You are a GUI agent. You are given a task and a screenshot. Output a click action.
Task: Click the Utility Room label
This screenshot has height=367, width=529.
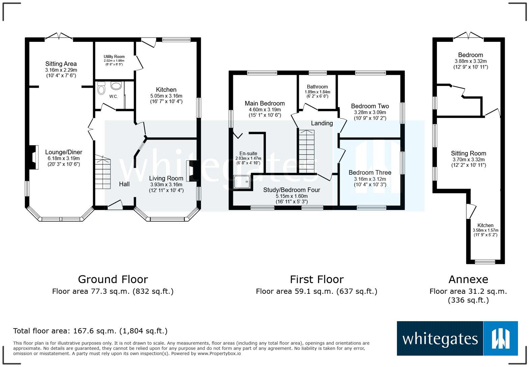tap(114, 57)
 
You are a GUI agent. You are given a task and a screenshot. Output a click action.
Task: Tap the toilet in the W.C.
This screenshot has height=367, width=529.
tap(101, 88)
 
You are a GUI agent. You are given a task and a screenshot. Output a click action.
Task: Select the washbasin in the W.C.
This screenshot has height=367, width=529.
tap(116, 85)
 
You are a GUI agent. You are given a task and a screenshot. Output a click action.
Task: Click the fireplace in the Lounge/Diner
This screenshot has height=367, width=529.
tap(33, 157)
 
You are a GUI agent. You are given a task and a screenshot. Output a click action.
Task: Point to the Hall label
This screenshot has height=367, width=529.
tap(124, 184)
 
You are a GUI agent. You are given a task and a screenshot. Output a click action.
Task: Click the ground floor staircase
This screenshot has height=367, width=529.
tap(103, 172)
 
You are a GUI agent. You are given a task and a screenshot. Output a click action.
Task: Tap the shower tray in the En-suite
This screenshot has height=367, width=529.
tap(242, 182)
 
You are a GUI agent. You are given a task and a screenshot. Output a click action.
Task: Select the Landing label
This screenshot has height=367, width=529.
tap(322, 123)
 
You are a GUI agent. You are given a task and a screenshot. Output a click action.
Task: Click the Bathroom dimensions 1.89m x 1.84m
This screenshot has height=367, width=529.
tap(317, 92)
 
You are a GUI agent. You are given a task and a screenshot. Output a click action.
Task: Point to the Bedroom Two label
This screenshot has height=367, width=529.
tap(370, 106)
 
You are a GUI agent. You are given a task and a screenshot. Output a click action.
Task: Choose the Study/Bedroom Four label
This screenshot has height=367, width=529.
tap(291, 190)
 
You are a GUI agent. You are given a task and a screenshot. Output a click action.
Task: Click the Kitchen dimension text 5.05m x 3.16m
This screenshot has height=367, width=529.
tap(166, 96)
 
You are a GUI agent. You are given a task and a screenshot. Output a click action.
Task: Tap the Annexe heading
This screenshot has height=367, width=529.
tap(468, 279)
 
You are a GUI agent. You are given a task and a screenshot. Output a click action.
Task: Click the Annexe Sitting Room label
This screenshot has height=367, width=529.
tap(469, 153)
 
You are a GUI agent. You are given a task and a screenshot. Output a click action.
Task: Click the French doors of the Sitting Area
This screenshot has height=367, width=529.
tap(59, 36)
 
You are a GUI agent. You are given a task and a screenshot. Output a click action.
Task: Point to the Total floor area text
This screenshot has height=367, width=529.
tap(90, 331)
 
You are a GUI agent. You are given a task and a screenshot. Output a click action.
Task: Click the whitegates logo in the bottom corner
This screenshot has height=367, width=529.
tap(457, 338)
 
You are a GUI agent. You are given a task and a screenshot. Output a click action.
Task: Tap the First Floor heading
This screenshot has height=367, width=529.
tap(317, 279)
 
